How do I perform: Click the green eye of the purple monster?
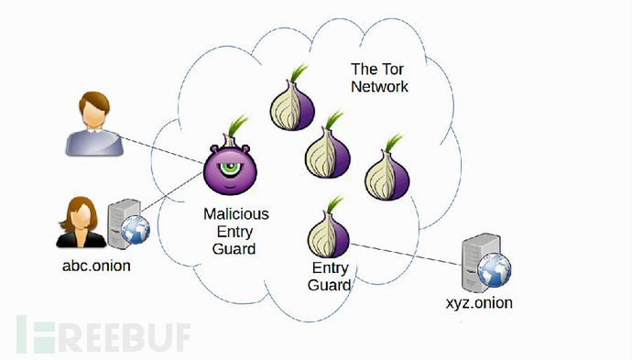click(230, 168)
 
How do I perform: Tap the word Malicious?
click(235, 213)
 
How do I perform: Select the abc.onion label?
click(96, 266)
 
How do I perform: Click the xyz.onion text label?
click(479, 303)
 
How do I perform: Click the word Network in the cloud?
click(379, 86)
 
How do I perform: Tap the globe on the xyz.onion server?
click(495, 269)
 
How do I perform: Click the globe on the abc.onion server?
click(136, 230)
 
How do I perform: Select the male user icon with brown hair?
click(94, 124)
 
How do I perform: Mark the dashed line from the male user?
click(161, 150)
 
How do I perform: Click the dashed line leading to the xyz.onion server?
click(406, 255)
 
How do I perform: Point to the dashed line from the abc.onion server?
click(171, 191)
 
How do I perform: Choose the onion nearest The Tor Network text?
click(292, 98)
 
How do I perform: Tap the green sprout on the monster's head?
click(237, 126)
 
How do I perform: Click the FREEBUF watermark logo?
click(104, 334)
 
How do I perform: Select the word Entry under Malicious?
click(234, 232)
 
